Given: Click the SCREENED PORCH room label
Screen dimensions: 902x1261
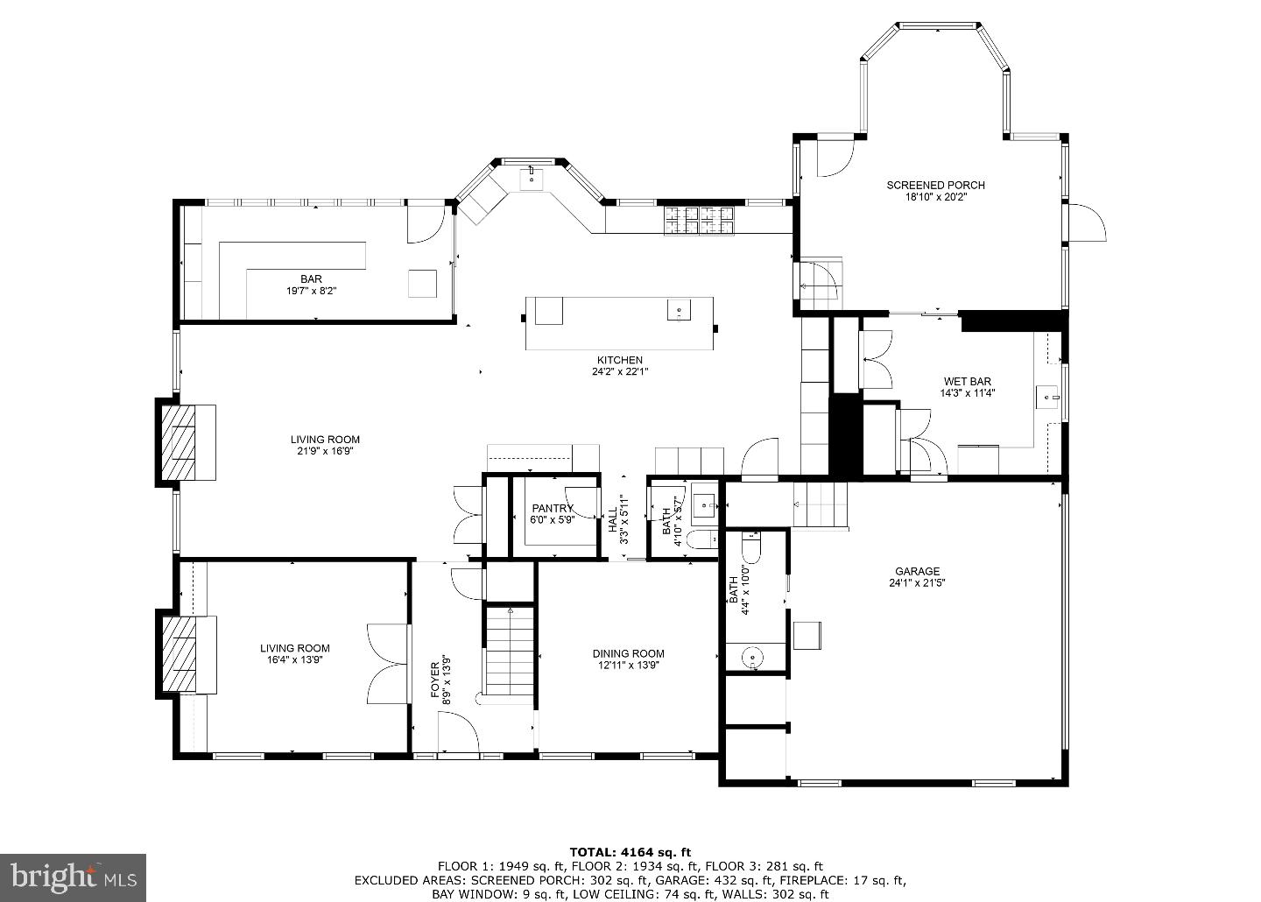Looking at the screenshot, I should [x=935, y=185].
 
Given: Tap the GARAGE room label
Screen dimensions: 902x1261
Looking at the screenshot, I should [x=917, y=571].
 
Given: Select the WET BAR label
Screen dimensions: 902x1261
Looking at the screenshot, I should [x=967, y=381].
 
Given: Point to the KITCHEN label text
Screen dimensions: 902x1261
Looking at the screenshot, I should [x=620, y=360].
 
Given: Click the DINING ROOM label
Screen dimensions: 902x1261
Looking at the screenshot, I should [x=628, y=653].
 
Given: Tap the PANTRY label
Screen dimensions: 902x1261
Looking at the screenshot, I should [x=553, y=509].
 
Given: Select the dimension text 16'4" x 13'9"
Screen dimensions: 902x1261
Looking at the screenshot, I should [x=294, y=660].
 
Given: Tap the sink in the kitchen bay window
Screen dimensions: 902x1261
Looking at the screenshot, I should [x=531, y=179].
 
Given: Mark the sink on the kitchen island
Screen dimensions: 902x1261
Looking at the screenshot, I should [x=680, y=310].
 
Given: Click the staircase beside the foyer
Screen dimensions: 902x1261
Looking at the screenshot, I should [x=509, y=650].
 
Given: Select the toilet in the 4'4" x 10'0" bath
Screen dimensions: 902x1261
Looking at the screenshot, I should [x=751, y=548].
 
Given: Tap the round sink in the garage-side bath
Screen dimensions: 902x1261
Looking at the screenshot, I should [x=751, y=659].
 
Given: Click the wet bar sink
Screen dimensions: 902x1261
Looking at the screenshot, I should [x=1047, y=398].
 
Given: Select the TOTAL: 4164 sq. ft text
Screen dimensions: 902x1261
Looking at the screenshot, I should [x=630, y=851].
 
